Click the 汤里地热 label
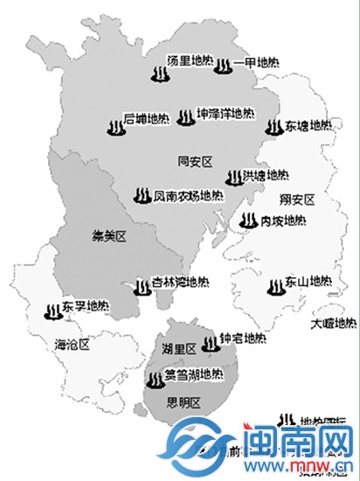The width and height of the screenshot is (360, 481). [x=190, y=59]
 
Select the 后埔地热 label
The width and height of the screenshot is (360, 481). [x=145, y=117]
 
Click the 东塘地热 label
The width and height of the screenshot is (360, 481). [x=308, y=126]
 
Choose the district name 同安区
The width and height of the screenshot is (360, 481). [x=196, y=161]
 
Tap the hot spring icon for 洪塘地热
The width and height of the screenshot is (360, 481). [x=232, y=178]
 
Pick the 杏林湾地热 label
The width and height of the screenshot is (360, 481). [x=181, y=283]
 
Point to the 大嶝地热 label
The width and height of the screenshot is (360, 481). [x=336, y=324]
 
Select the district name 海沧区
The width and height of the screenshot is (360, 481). [x=72, y=344]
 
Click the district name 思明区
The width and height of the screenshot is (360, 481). [x=183, y=402]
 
